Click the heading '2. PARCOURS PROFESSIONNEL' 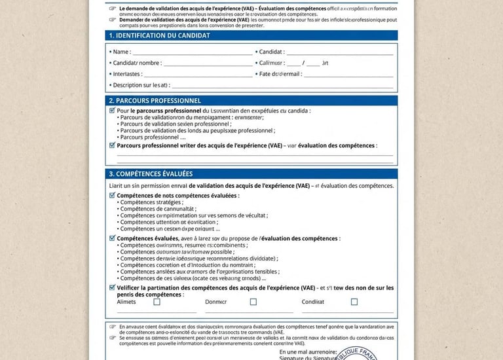[155, 101]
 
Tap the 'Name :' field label [121, 52]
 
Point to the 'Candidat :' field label [271, 52]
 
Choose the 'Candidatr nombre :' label [137, 63]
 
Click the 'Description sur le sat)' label [141, 85]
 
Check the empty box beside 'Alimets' [157, 302]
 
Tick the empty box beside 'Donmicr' [253, 302]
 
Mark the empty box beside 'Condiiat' [354, 302]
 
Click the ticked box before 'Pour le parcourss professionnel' [112, 111]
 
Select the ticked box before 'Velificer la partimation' [112, 287]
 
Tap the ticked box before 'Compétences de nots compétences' [112, 195]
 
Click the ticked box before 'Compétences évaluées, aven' [112, 238]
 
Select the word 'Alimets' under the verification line [126, 302]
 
